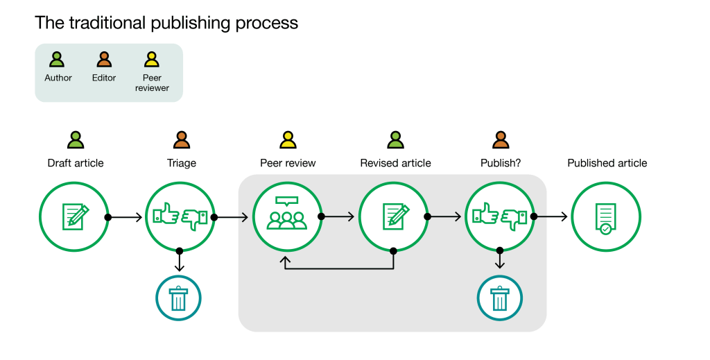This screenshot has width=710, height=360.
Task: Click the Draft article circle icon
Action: pos(73,216)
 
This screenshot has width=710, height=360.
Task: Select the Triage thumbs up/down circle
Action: pos(180,216)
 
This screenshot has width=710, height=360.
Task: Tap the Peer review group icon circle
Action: pos(287,216)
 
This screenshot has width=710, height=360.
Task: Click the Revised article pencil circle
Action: pos(394,216)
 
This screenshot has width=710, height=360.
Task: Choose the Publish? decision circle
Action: pos(500,216)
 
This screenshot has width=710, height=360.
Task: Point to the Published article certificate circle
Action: pos(606,216)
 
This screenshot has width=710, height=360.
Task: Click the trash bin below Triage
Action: pos(178,298)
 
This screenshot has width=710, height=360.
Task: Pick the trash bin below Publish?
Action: pos(499,298)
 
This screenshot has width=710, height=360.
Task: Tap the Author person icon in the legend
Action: pos(58,60)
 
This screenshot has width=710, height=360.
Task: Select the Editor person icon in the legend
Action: pos(104,60)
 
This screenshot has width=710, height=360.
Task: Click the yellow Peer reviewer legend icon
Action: pos(151,60)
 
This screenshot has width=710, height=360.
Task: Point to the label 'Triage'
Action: pos(182,163)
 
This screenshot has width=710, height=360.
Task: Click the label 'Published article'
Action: pos(607,163)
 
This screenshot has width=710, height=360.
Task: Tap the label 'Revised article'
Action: pos(395,163)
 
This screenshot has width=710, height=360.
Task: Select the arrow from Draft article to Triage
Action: pos(125,217)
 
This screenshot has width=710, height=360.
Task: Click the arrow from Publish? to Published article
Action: pos(551,217)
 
